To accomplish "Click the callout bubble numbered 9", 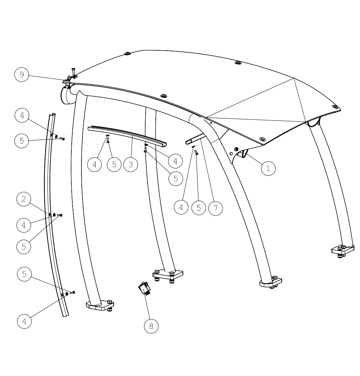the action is click(22, 75).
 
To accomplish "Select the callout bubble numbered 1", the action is click(268, 168).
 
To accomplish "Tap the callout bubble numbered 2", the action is click(24, 199).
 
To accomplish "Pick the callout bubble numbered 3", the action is click(131, 164).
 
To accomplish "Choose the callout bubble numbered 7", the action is click(216, 208).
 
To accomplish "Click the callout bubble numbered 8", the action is click(151, 326).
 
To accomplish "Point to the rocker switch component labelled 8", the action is click(144, 288).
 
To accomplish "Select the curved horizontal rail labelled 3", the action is click(127, 135).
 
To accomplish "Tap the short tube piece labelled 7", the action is click(196, 139).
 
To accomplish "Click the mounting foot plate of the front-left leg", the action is click(100, 305).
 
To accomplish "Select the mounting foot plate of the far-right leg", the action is click(343, 250).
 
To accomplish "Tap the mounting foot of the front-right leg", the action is click(271, 282).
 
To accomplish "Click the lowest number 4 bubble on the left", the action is click(25, 321).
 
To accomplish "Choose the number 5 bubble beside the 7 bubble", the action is click(199, 208).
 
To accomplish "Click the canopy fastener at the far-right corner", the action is click(335, 107).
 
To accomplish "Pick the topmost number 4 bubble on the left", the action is click(22, 115).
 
